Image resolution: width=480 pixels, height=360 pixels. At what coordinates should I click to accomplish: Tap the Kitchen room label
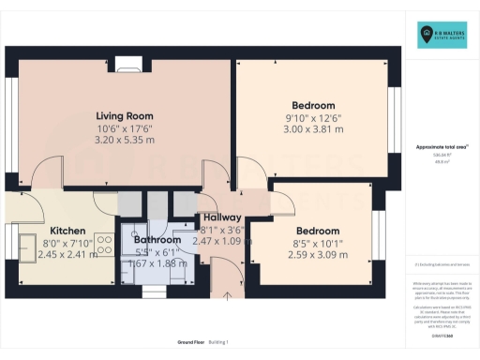click(x=67, y=231)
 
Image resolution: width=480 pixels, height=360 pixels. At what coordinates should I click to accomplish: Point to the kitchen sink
click(x=25, y=245)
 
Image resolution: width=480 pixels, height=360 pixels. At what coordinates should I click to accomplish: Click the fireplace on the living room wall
click(x=132, y=66)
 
